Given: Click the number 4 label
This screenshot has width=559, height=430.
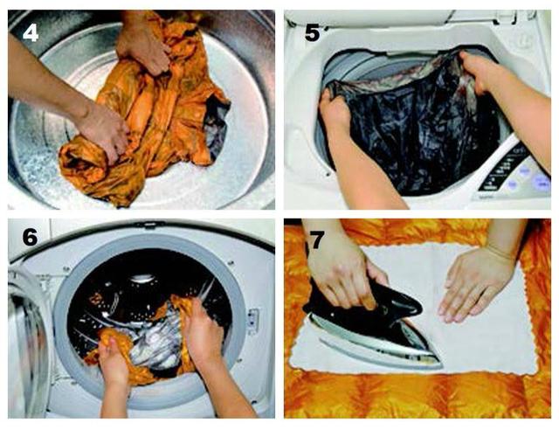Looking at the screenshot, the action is (31, 33).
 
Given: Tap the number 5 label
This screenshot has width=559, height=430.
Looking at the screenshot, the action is (313, 33).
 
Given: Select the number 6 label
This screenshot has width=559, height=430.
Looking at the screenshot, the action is (30, 236).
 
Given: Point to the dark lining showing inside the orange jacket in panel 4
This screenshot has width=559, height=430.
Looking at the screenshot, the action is (215, 125).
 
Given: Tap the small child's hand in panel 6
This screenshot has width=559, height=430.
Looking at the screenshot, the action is (114, 360).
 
